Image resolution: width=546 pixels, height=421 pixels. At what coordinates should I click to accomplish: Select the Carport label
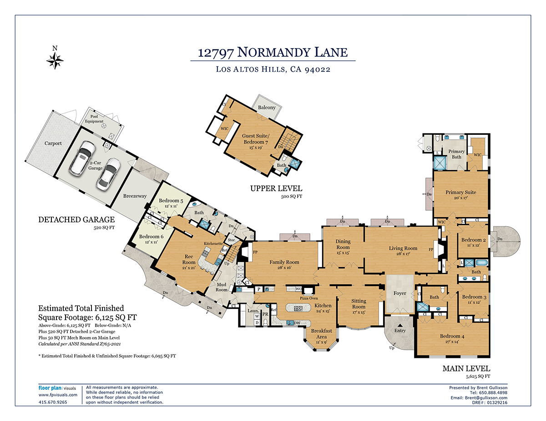tap(53, 144)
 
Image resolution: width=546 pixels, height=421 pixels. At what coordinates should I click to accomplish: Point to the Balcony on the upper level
tap(267, 108)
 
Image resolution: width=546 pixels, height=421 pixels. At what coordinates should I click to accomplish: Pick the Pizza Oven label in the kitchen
tap(308, 298)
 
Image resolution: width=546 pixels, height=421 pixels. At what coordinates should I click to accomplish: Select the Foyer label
tap(399, 293)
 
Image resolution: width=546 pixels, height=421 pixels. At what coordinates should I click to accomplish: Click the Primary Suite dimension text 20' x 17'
tap(461, 198)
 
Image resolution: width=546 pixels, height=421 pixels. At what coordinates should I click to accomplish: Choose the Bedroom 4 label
tap(452, 337)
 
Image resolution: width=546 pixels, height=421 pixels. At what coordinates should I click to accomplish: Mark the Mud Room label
tap(221, 287)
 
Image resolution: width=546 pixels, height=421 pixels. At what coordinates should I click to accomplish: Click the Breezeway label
tap(135, 196)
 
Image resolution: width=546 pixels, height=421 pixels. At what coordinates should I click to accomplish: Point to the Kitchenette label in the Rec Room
tap(213, 243)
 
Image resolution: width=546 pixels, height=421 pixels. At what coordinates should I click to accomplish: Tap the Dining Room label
tap(343, 244)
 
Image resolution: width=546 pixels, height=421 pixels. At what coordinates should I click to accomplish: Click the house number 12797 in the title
tap(216, 52)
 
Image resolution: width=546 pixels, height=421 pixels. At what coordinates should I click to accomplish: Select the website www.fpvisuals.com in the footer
tap(55, 395)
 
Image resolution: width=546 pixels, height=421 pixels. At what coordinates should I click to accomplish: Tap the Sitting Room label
tap(359, 304)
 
